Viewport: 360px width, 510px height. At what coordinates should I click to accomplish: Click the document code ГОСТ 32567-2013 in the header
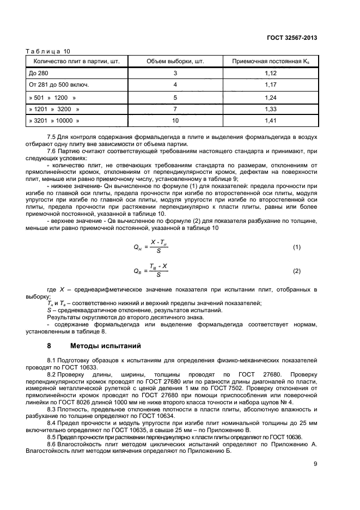tap(293, 38)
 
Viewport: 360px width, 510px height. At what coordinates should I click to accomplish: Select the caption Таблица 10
tap(45, 51)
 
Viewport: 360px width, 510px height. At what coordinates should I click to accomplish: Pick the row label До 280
tap(38, 73)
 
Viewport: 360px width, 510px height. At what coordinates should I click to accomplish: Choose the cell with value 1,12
tap(271, 73)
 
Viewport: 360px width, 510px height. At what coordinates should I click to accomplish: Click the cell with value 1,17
tap(271, 85)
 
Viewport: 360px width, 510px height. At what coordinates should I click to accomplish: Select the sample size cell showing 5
tap(175, 97)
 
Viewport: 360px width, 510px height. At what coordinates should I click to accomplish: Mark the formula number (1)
tap(297, 247)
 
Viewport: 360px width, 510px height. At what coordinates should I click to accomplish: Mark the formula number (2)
tap(297, 271)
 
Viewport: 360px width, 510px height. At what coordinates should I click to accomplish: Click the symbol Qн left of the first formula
tap(138, 248)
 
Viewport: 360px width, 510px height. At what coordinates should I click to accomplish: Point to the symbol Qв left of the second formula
tap(138, 271)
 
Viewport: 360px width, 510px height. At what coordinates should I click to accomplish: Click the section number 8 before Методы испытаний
tap(49, 346)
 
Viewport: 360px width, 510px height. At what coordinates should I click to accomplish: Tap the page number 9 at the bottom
tap(315, 464)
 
